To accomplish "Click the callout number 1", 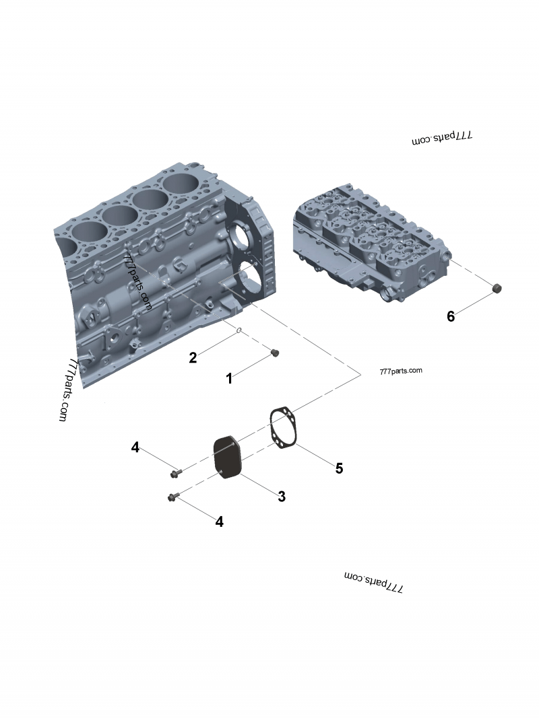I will (229, 379).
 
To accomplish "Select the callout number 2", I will (193, 357).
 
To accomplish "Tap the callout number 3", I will (282, 497).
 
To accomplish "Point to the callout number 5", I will (339, 468).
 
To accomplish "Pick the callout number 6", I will (451, 316).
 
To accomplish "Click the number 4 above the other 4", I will (135, 447).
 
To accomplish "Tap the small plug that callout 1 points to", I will (274, 353).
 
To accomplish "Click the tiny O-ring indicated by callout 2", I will (239, 330).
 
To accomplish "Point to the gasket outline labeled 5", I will (283, 427).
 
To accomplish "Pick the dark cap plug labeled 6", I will (497, 289).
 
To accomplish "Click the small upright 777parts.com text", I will (401, 371).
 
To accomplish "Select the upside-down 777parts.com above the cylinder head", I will (442, 138).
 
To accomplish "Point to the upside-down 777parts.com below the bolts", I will (373, 582).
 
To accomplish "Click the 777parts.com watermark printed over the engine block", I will (137, 281).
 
